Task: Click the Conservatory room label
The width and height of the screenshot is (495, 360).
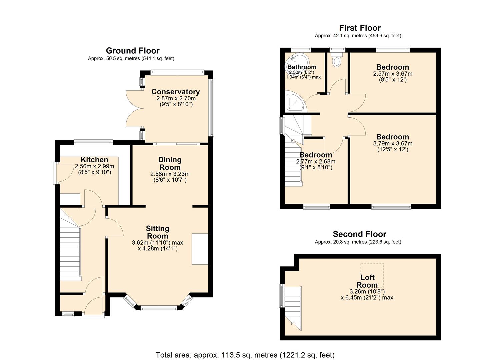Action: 175,92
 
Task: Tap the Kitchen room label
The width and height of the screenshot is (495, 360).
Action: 94,160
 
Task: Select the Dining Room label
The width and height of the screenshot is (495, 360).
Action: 170,163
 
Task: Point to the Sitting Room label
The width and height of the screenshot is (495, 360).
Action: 157,232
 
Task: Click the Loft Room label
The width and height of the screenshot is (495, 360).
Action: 367,281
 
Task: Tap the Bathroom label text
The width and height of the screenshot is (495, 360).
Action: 302,67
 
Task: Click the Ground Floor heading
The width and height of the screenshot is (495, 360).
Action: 133,51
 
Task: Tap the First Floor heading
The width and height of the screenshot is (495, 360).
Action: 360,28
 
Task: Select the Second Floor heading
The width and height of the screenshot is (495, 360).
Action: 359,234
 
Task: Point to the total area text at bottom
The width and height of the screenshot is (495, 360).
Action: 245,355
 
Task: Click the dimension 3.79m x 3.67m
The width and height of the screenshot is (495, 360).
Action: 392,144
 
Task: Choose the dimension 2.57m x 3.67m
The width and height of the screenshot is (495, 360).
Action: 392,74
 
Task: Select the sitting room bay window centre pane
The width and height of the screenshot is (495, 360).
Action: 159,308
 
